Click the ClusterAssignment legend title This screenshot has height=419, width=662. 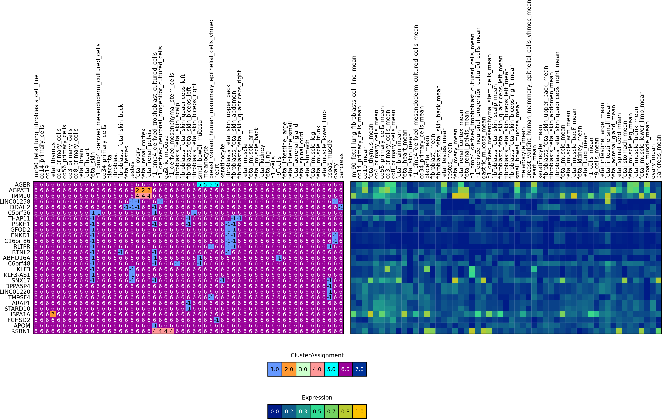click(x=317, y=355)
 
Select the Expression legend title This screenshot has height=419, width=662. click(x=317, y=398)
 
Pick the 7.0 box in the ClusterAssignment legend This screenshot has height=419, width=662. click(x=359, y=369)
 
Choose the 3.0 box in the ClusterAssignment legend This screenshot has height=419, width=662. click(x=303, y=369)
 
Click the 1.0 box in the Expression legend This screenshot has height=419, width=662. click(x=359, y=412)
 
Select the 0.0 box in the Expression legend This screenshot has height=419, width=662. click(x=275, y=412)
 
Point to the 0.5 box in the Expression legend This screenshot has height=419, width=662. click(x=317, y=412)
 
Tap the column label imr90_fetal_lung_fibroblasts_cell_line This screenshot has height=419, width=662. click(x=36, y=126)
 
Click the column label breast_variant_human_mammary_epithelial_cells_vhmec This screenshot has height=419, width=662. click(x=211, y=99)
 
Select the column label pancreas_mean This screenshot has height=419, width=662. click(x=659, y=157)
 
